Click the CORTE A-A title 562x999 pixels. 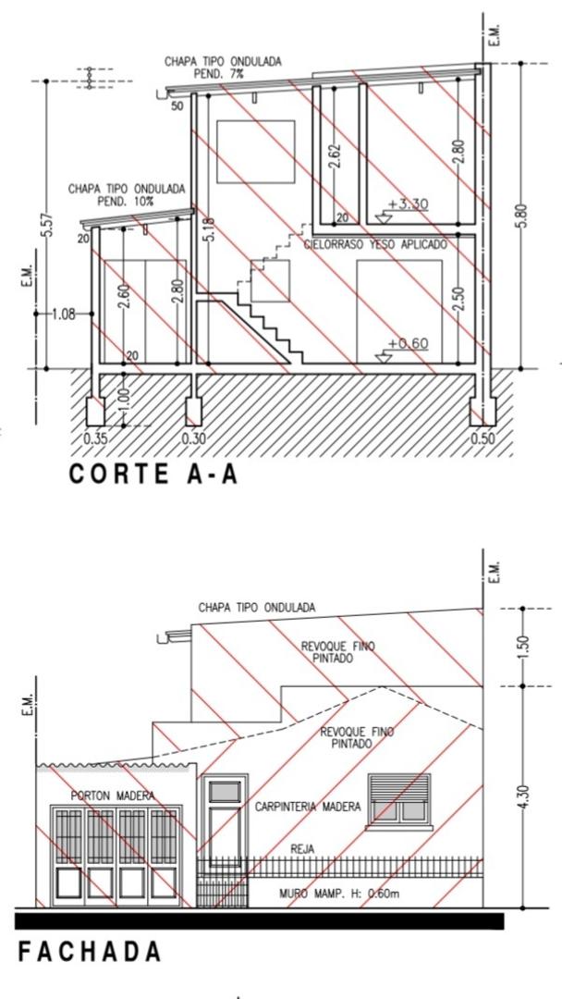[x=153, y=475]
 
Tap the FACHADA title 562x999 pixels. [x=89, y=952]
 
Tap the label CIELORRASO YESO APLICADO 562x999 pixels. [x=375, y=244]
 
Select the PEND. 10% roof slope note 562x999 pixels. [x=126, y=202]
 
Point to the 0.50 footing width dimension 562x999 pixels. [x=483, y=438]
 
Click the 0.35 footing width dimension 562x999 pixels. [x=96, y=438]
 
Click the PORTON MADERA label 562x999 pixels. [x=113, y=795]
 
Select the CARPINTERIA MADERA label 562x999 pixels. [x=308, y=807]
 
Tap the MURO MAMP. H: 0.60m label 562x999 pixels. [x=339, y=894]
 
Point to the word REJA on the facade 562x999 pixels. [x=302, y=849]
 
